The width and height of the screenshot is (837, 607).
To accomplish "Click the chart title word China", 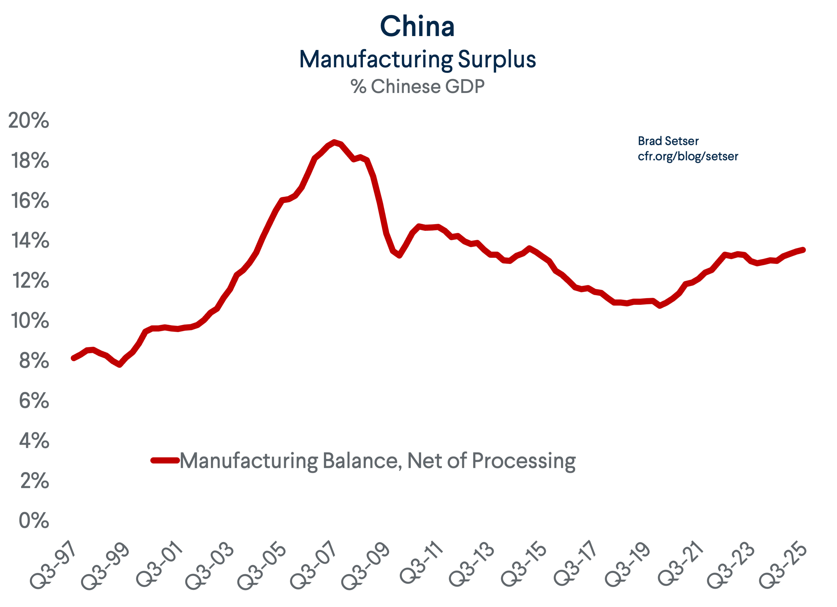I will coord(417,27).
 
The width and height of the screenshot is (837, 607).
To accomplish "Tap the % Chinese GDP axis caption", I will coord(417,87).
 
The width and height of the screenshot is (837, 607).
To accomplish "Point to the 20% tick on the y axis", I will coord(28,120).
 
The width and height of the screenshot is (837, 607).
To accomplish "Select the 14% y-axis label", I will coord(30,240).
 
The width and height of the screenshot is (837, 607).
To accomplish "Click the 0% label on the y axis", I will coord(34,520).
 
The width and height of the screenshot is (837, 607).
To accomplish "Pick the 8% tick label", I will coord(34,361).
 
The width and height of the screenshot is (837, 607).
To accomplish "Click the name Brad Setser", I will coord(668,141).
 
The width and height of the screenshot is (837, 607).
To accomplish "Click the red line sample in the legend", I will coord(165,460).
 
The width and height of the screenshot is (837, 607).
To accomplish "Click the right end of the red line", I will coord(803,250).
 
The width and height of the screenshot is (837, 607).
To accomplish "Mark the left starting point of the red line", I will coord(73,358).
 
